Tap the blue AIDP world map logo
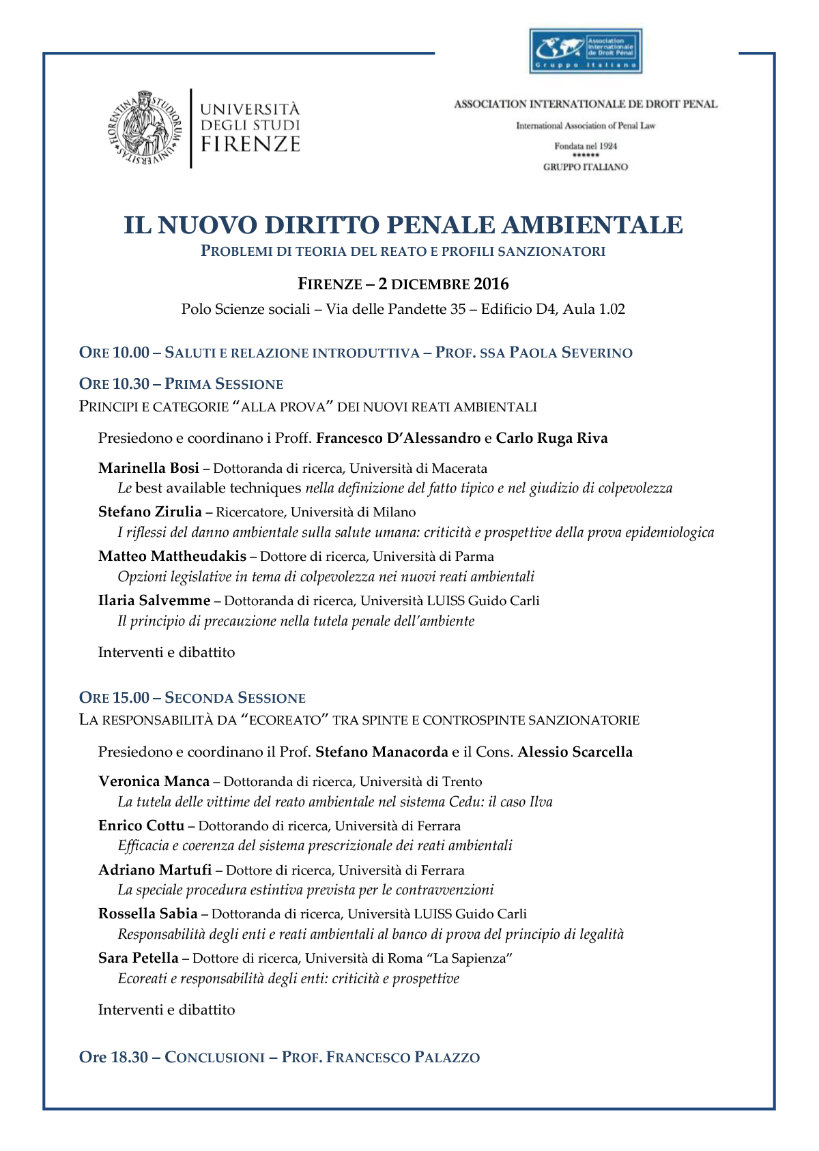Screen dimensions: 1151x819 point(586,50)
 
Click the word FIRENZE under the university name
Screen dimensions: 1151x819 point(250,144)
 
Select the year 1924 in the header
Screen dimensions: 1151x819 point(605,146)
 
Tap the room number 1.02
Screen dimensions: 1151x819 point(612,309)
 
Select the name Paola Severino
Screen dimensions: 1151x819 point(571,353)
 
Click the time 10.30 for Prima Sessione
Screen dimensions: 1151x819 point(131,384)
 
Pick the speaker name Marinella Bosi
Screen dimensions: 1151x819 point(149,468)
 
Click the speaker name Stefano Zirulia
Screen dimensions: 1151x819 point(150,512)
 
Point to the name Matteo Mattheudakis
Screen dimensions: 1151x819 point(172,556)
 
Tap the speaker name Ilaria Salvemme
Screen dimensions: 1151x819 point(154,600)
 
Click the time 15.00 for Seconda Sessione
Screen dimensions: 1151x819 point(131,697)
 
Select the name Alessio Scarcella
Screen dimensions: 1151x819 point(575,752)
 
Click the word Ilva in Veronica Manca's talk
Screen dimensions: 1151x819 point(541,802)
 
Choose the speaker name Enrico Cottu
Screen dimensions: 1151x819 point(141,826)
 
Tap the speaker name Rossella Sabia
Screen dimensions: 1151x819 point(148,914)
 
